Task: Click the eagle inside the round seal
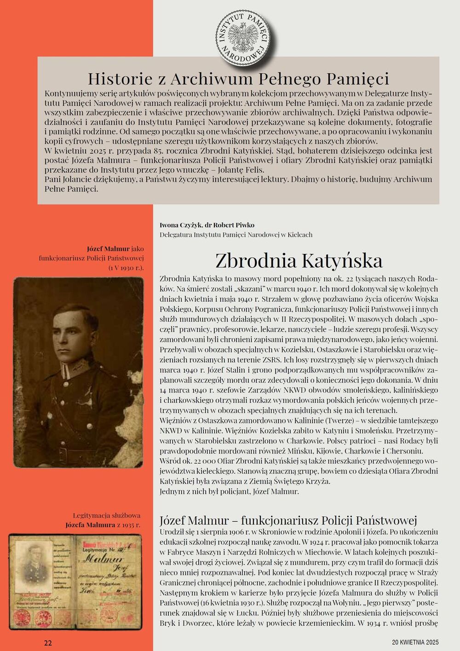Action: pyautogui.click(x=242, y=35)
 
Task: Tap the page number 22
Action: pyautogui.click(x=48, y=643)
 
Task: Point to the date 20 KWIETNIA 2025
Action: pyautogui.click(x=415, y=642)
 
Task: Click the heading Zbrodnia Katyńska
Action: pyautogui.click(x=299, y=261)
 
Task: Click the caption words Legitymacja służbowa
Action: pyautogui.click(x=107, y=515)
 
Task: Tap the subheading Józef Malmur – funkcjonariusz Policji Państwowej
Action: pyautogui.click(x=288, y=520)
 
